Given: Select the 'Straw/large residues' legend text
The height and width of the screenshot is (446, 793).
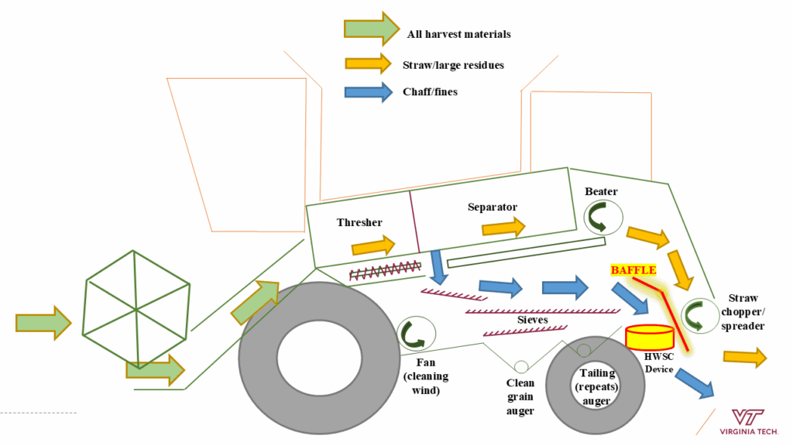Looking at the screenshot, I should click(x=453, y=65).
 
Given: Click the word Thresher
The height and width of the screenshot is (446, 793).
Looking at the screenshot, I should click(x=359, y=223).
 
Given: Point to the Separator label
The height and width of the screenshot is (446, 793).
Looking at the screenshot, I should click(x=492, y=207).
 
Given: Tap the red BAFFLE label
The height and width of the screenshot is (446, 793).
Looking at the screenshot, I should click(x=633, y=270).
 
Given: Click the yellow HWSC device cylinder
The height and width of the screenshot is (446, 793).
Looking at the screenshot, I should click(x=648, y=336).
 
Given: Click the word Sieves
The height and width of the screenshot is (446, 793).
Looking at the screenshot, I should click(x=532, y=319).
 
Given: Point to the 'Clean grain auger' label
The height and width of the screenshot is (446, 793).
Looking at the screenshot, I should click(x=520, y=396).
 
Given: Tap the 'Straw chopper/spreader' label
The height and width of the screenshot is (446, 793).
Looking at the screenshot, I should click(x=746, y=312).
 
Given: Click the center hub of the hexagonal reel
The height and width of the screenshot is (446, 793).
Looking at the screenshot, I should click(x=136, y=308).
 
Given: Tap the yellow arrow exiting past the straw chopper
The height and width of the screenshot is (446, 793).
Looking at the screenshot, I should click(x=744, y=356).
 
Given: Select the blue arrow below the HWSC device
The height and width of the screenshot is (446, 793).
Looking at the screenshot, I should click(x=694, y=383).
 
